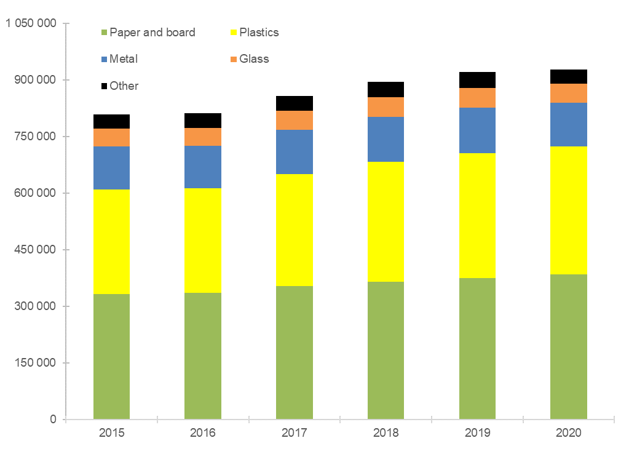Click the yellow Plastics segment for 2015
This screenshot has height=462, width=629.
[111, 241]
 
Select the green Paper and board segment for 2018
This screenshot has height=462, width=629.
[386, 350]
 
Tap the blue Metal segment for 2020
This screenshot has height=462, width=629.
[568, 124]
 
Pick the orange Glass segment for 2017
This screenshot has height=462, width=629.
[294, 120]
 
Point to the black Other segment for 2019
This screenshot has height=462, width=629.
[477, 80]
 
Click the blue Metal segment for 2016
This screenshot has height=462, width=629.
[203, 167]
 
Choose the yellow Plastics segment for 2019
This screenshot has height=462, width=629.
[477, 215]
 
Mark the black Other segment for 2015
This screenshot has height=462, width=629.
[111, 121]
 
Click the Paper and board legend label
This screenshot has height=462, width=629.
[152, 33]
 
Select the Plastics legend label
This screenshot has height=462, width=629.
[259, 33]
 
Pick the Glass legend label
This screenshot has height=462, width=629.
[254, 59]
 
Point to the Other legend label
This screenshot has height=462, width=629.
[124, 86]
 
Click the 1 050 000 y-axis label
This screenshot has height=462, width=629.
[31, 23]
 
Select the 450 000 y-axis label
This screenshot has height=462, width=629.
[35, 250]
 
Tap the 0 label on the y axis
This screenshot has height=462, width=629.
[53, 420]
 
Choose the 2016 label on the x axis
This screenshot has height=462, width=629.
[203, 432]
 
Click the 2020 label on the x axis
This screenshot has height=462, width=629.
[568, 432]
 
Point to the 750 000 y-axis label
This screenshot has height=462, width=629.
[35, 137]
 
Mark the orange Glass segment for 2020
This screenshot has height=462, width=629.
[568, 93]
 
